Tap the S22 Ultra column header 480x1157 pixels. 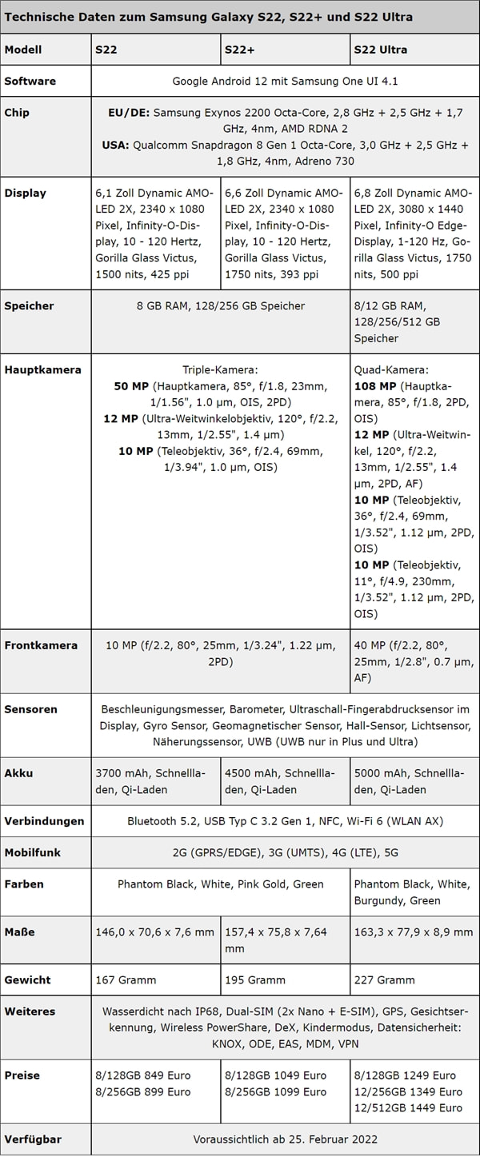point(380,50)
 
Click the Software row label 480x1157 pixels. point(30,81)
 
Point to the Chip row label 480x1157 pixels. point(17,113)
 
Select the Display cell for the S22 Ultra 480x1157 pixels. point(414,233)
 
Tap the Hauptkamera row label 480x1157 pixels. point(42,370)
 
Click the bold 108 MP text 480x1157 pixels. point(374,386)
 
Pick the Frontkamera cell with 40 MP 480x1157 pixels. point(414,661)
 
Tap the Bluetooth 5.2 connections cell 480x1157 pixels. point(285,821)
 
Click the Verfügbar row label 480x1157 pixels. point(33,1139)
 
